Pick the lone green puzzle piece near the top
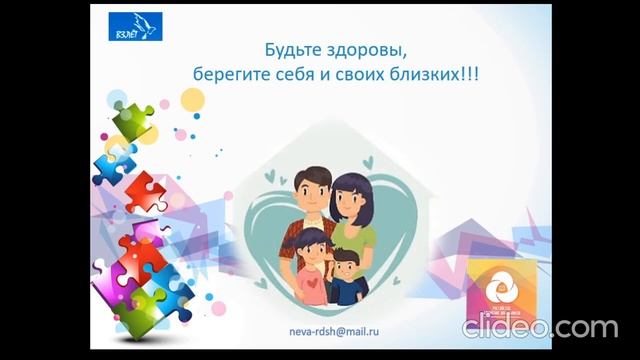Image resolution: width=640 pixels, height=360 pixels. click(x=132, y=120)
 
